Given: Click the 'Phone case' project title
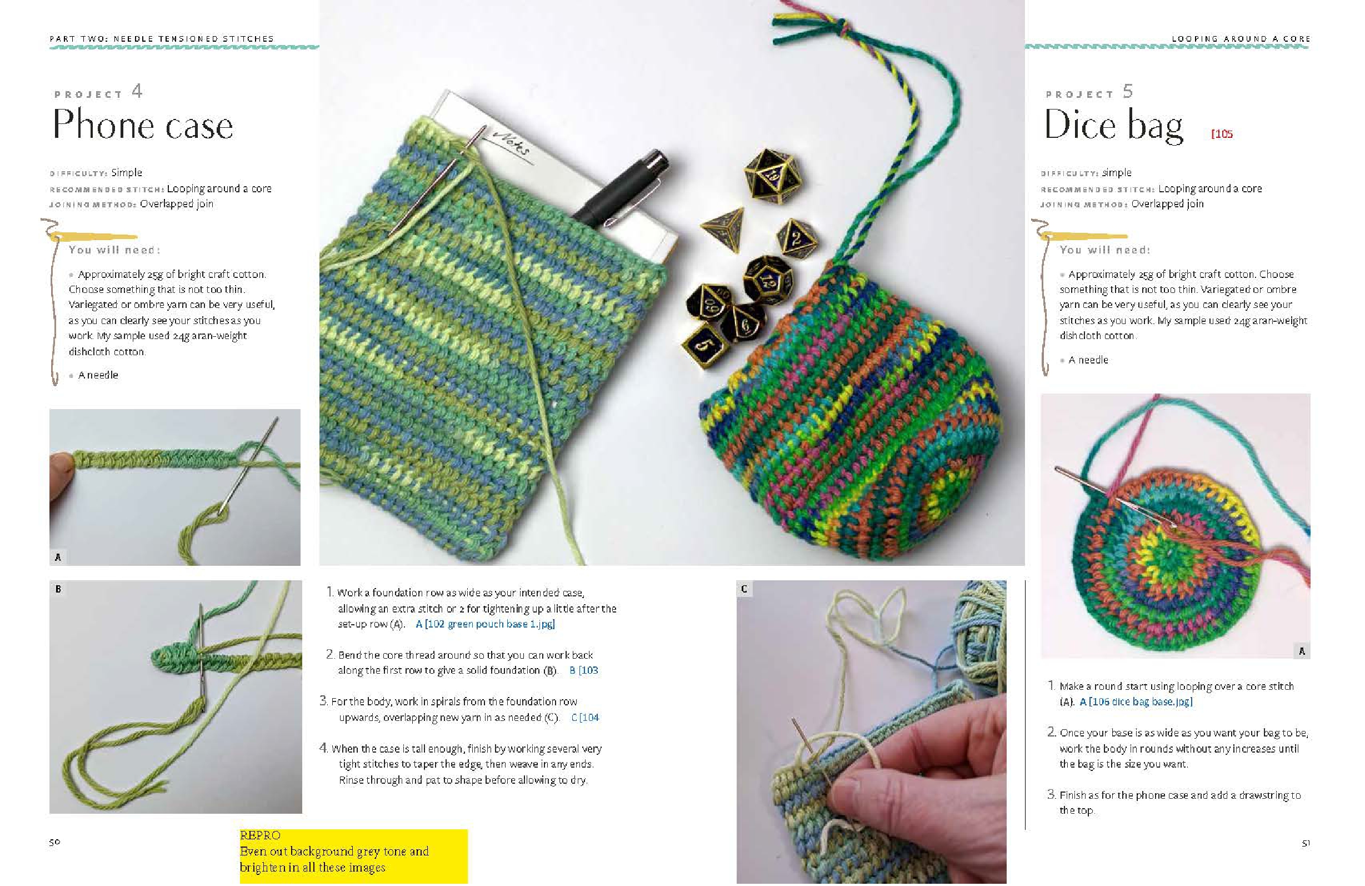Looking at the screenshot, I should click(143, 125).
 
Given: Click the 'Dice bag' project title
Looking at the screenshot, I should click(1113, 125).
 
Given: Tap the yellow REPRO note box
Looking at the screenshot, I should click(353, 855).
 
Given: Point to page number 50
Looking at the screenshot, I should click(54, 842).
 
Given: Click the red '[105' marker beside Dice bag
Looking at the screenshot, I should click(1222, 135).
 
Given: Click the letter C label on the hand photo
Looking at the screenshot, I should click(744, 589).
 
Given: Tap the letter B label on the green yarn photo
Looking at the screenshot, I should click(58, 589).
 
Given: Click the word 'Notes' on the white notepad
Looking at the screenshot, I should click(511, 143).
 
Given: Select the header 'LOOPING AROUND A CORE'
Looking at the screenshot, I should click(1241, 39).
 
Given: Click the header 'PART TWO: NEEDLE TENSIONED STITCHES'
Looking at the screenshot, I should click(162, 39).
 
